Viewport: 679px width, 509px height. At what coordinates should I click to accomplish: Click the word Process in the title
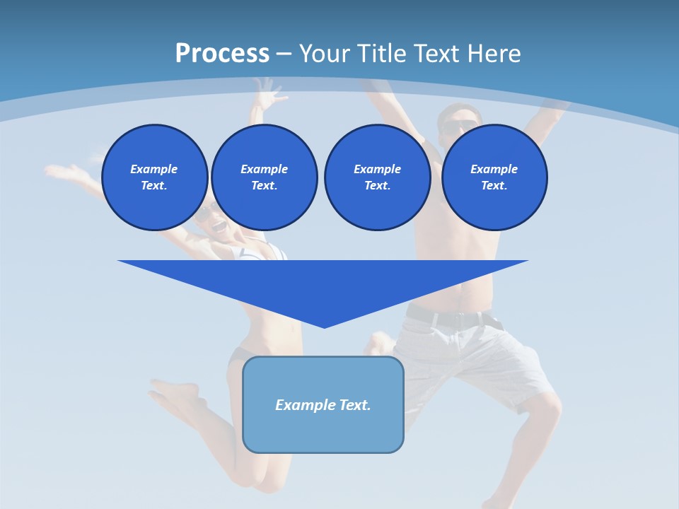[222, 54]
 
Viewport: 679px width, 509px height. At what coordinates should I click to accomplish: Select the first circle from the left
[154, 177]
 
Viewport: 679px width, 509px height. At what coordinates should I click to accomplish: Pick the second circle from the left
[264, 177]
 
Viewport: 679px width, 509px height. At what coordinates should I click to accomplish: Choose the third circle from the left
[377, 177]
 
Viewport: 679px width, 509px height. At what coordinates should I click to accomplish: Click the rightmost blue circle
[494, 177]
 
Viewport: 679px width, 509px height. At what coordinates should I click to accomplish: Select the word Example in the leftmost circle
[154, 169]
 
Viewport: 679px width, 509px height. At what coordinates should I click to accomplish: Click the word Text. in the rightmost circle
[494, 186]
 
